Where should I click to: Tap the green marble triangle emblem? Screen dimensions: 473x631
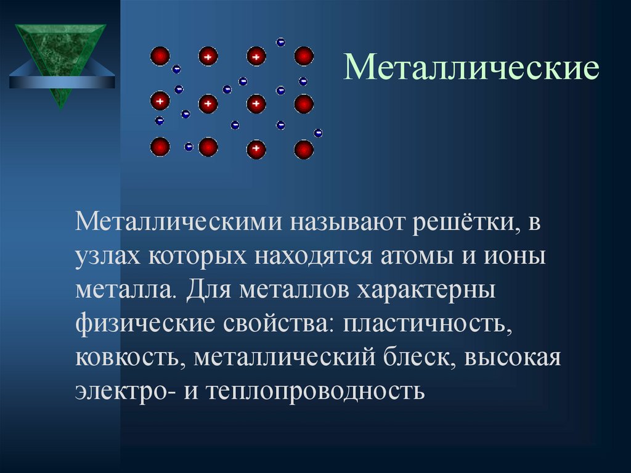coord(60,59)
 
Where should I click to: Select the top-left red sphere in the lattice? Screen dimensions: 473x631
coord(160,56)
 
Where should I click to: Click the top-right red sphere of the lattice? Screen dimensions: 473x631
coord(304,56)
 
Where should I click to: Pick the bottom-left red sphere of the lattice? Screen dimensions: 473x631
coord(160,147)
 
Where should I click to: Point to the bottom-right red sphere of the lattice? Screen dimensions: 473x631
coord(304,149)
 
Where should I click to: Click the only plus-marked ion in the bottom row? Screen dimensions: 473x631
coord(256,149)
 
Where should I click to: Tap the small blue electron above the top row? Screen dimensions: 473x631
coord(280,42)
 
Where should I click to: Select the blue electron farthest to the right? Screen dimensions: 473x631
coord(318,133)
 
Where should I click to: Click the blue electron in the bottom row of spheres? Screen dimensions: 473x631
coord(189,147)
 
